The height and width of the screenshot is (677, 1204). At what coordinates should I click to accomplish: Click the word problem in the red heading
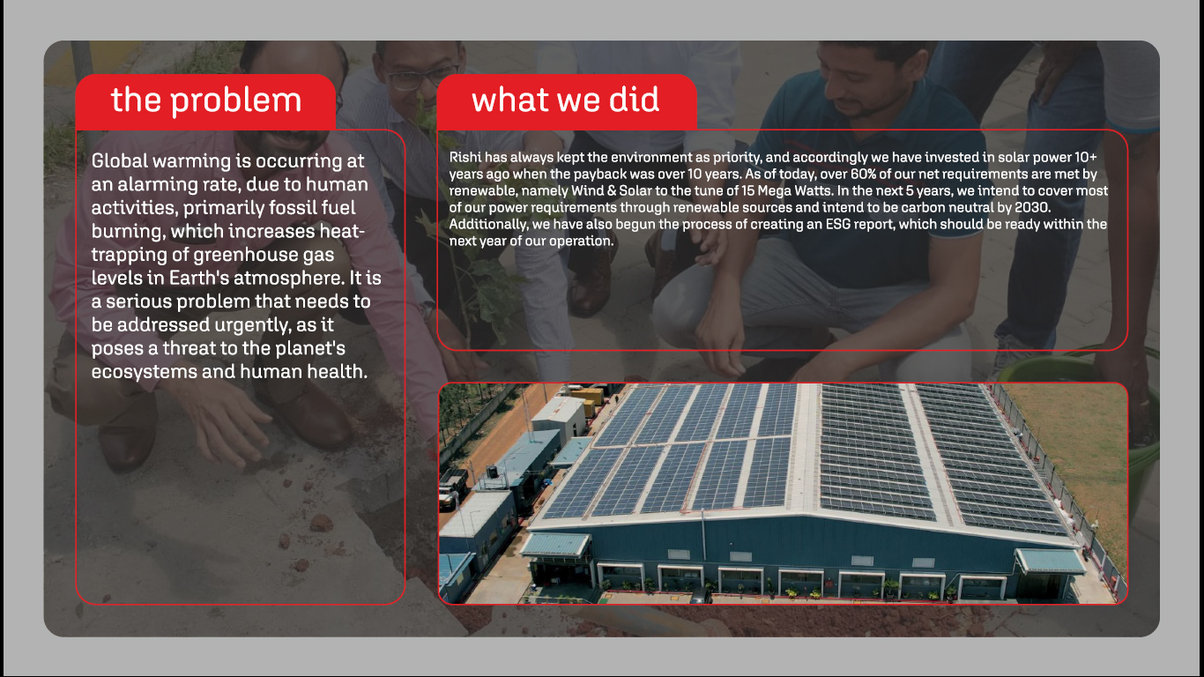click(x=236, y=101)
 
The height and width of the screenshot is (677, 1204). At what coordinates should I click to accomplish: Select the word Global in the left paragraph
click(x=119, y=160)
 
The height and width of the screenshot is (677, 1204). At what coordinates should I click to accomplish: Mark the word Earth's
click(x=198, y=278)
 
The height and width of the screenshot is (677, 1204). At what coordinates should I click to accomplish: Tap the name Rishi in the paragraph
click(x=465, y=157)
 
